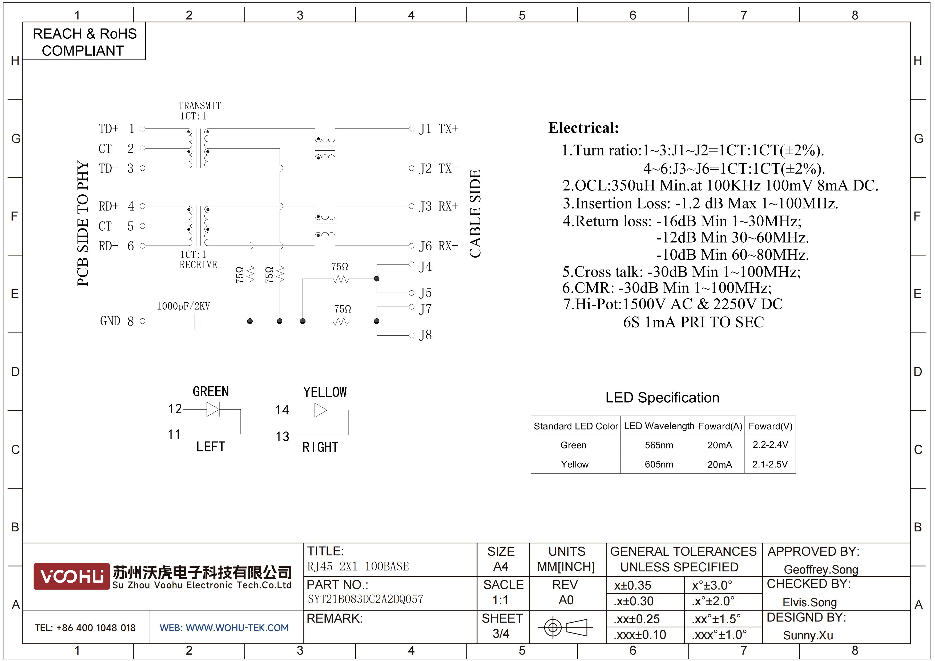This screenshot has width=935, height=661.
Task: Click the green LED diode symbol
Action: click(213, 409)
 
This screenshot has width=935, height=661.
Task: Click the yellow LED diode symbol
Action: click(321, 410)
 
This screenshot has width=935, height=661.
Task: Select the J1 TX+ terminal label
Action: click(439, 129)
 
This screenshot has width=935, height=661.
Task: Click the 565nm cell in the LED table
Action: click(659, 445)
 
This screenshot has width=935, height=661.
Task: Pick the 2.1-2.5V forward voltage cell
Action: click(770, 464)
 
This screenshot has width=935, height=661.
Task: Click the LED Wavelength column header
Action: click(659, 426)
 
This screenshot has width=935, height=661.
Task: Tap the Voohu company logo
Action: click(72, 576)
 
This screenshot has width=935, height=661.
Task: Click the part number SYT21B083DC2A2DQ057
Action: click(365, 599)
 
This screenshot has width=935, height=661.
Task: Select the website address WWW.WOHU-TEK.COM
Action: click(237, 628)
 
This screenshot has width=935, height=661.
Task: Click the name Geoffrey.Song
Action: click(821, 569)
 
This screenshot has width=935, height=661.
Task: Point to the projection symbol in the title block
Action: click(565, 627)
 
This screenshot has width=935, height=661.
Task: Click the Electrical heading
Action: click(583, 128)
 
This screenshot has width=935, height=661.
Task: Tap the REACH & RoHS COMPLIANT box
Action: click(84, 42)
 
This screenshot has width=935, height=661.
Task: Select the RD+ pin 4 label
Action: click(116, 206)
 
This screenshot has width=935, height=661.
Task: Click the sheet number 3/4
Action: click(501, 634)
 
